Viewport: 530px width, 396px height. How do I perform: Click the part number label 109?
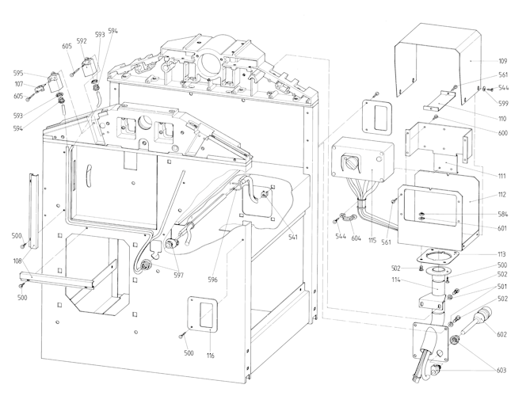[503, 61]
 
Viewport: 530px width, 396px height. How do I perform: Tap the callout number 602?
[502, 334]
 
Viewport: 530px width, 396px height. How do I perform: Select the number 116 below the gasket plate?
[210, 355]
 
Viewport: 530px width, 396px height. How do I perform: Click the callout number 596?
[212, 280]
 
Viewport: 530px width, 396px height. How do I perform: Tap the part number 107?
[18, 84]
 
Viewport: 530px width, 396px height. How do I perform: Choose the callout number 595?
[18, 74]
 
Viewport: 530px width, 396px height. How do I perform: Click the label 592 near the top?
[82, 41]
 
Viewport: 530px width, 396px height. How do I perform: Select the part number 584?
[503, 214]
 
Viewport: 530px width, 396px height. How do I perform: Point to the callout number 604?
[357, 237]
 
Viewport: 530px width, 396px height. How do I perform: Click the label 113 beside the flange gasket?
[503, 255]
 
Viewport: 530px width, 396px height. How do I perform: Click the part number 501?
[503, 287]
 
